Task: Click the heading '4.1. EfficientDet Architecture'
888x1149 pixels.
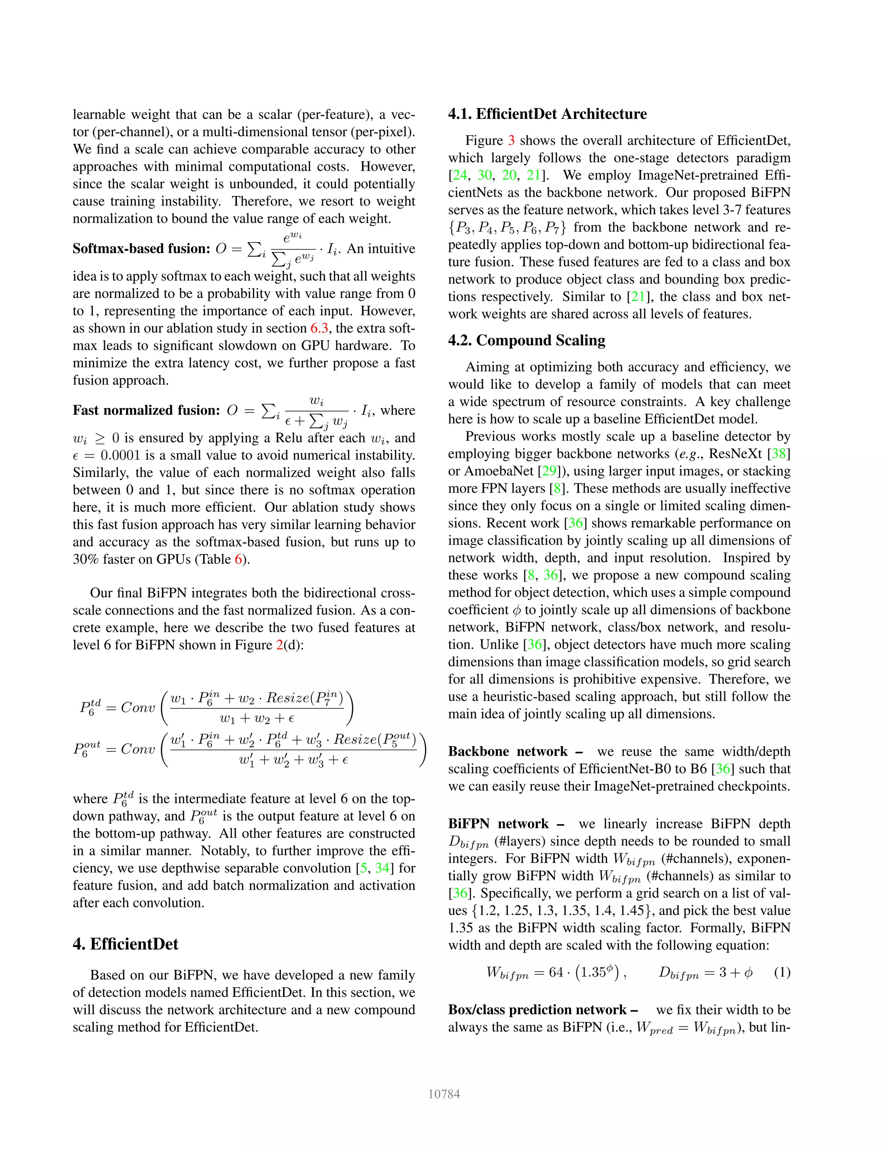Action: tap(547, 114)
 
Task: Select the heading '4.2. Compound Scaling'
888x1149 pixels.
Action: tap(526, 340)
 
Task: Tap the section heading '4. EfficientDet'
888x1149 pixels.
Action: tap(125, 944)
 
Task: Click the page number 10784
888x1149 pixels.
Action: tap(444, 1094)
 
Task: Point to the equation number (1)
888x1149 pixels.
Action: tap(782, 972)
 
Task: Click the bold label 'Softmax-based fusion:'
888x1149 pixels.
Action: tap(141, 249)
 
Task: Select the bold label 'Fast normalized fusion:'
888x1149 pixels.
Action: tap(146, 410)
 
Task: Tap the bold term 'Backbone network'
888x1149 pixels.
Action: tap(507, 751)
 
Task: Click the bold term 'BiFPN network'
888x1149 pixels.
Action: tap(498, 823)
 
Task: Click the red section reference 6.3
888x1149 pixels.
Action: tap(319, 328)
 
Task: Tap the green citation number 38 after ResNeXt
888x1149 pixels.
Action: tap(779, 454)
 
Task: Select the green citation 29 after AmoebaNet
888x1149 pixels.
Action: tap(548, 471)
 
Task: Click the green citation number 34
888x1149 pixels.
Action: tap(382, 868)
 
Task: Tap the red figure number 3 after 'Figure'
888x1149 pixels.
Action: tap(511, 140)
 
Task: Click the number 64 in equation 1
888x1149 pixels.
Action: tap(556, 972)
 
